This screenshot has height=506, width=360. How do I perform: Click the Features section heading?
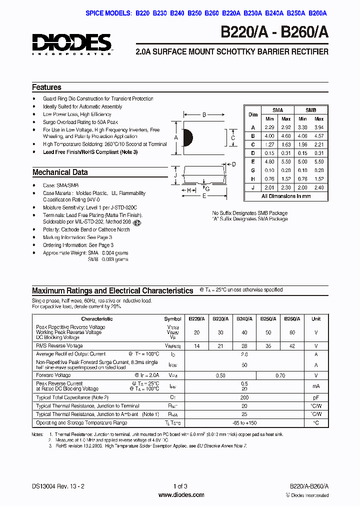coord(46,87)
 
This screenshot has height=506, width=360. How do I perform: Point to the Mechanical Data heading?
coord(60,172)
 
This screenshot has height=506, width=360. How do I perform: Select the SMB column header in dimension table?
coord(310,110)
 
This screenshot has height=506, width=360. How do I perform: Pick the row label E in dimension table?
coord(253,161)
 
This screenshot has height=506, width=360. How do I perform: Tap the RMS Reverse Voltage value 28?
coord(244,345)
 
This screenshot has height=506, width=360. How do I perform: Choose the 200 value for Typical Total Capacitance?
coord(244,397)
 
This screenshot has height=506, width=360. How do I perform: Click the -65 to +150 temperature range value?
coord(244,422)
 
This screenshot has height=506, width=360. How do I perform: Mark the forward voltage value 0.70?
coord(280,375)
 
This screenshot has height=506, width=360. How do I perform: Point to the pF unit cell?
coord(316,397)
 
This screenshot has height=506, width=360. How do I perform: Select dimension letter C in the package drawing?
coord(233,138)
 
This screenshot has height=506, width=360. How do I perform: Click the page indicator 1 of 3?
coord(180,486)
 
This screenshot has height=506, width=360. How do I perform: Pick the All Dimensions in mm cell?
coord(286,196)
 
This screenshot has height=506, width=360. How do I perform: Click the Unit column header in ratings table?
coord(316,318)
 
